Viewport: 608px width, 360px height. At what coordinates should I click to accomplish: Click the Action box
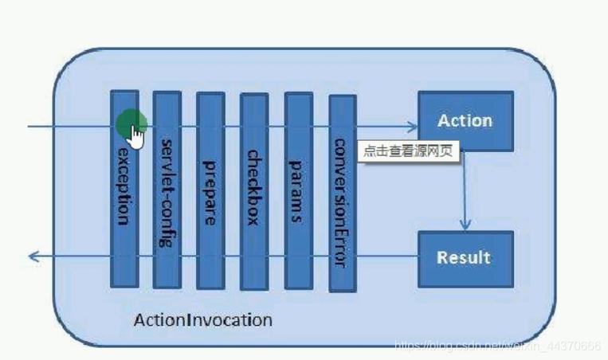coord(465,121)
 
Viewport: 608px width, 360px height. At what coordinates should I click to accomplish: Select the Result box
coord(465,257)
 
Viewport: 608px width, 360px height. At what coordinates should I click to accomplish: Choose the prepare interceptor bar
coord(210,191)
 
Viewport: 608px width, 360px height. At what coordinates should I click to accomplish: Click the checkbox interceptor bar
coord(253,191)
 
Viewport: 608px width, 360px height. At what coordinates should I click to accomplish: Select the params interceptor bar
coord(298,191)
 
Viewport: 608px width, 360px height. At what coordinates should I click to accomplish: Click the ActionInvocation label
coord(202,320)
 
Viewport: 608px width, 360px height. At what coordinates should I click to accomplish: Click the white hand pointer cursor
coord(137,138)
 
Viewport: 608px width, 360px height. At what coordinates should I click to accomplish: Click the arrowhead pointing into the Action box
coord(412,126)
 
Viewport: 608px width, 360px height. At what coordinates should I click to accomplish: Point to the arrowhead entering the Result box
coord(465,225)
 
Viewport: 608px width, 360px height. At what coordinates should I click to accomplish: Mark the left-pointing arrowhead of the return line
coord(33,256)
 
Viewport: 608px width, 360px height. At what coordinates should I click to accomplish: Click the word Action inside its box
coord(465,120)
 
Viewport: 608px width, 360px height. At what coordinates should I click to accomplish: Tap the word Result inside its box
coord(464,257)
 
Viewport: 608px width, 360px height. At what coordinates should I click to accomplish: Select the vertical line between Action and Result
coord(465,187)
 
